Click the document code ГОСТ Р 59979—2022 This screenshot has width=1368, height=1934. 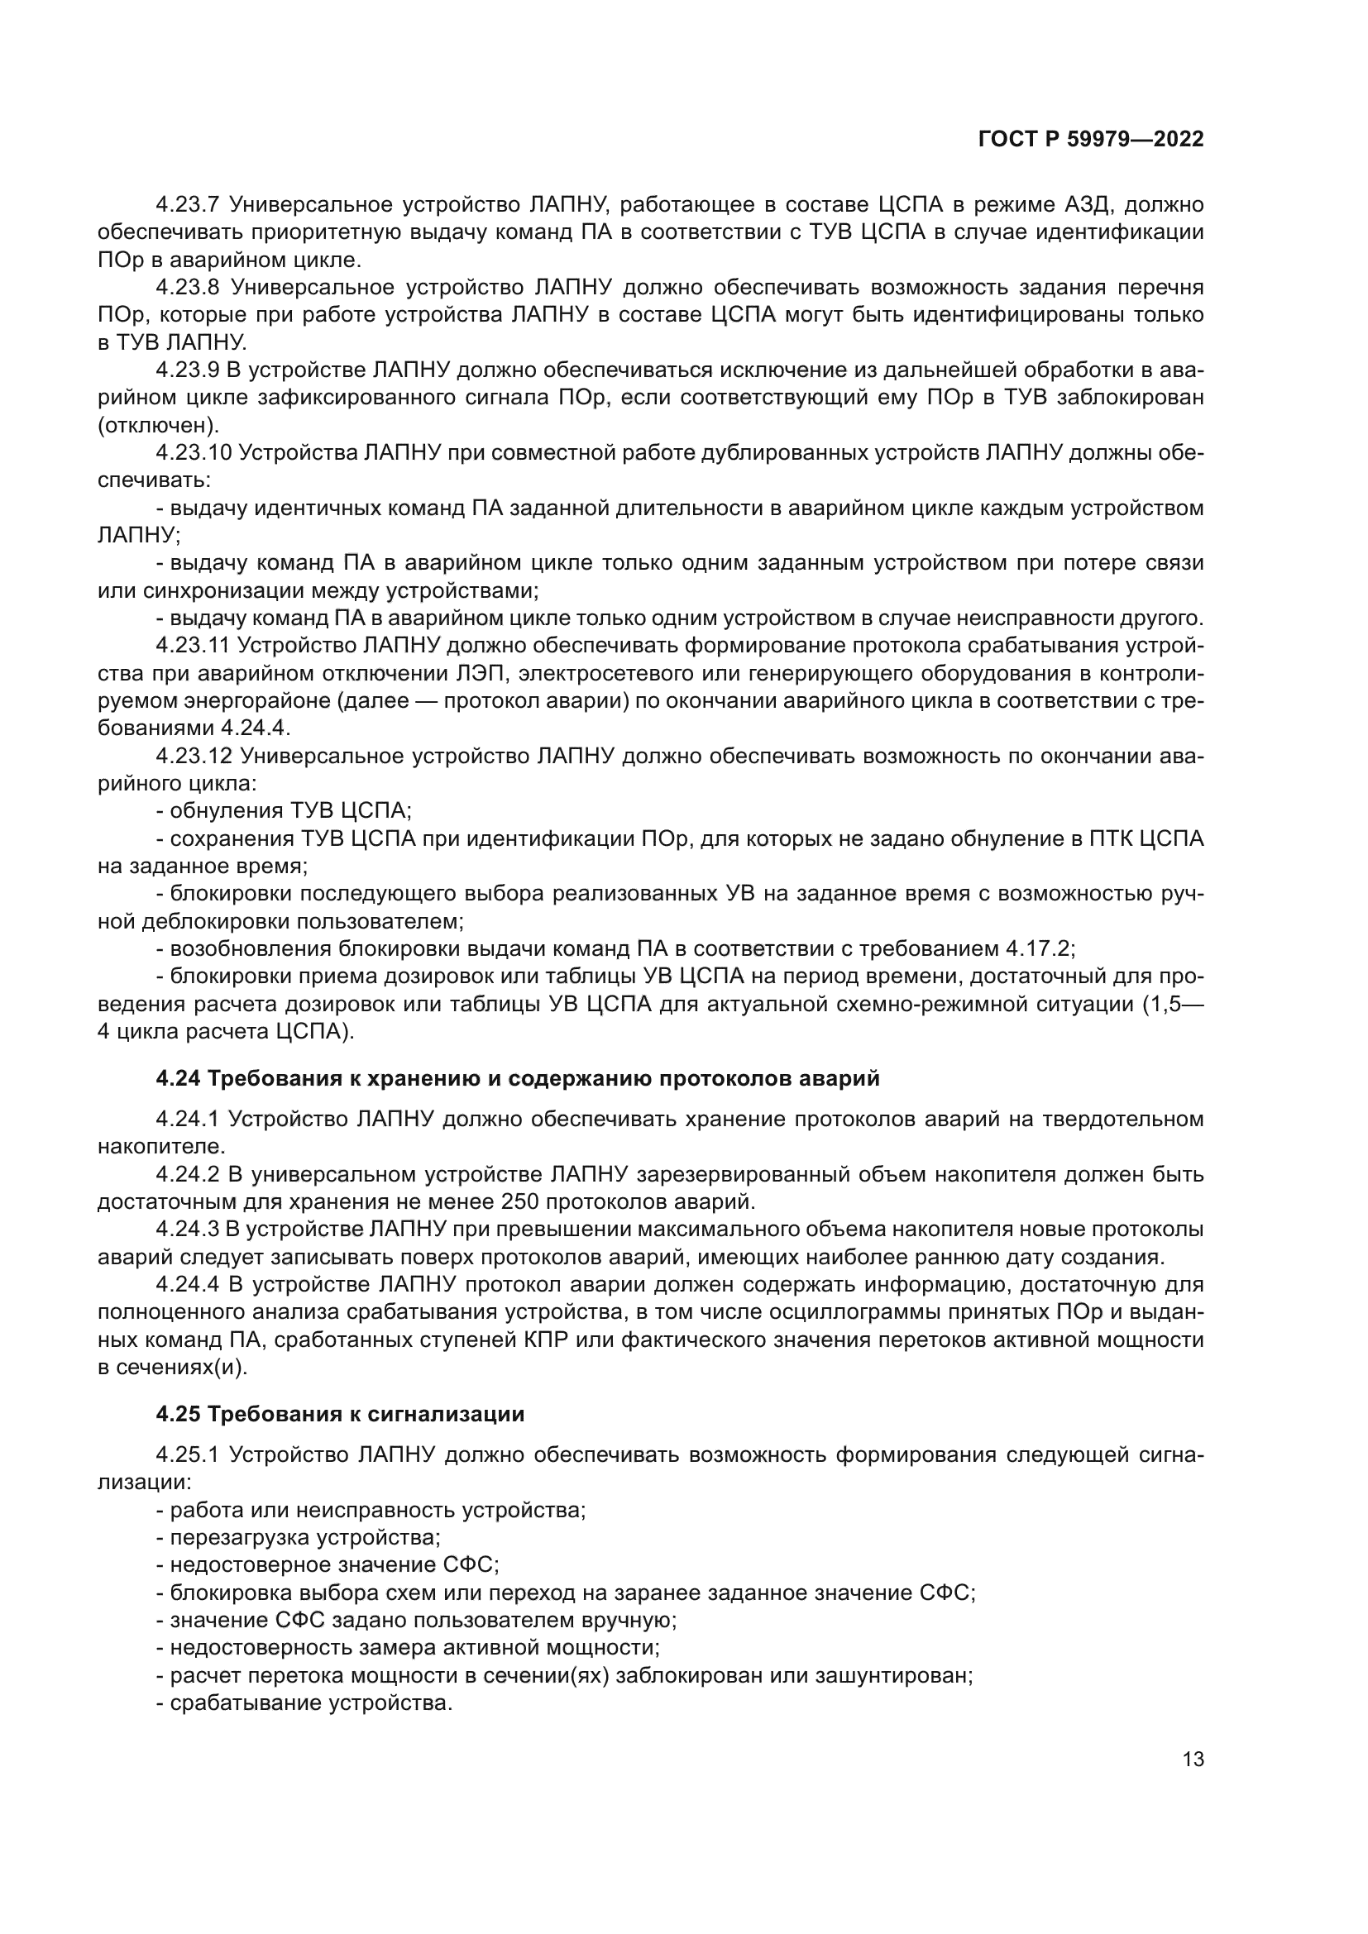[1091, 140]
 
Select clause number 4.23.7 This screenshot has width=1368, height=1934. [187, 205]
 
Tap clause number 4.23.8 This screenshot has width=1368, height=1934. [187, 287]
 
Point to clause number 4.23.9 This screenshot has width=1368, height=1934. [187, 370]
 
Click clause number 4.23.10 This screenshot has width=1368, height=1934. [193, 453]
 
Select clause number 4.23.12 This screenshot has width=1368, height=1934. [193, 757]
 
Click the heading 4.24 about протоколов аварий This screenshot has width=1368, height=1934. [517, 1078]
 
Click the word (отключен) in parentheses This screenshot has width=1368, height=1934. [157, 425]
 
